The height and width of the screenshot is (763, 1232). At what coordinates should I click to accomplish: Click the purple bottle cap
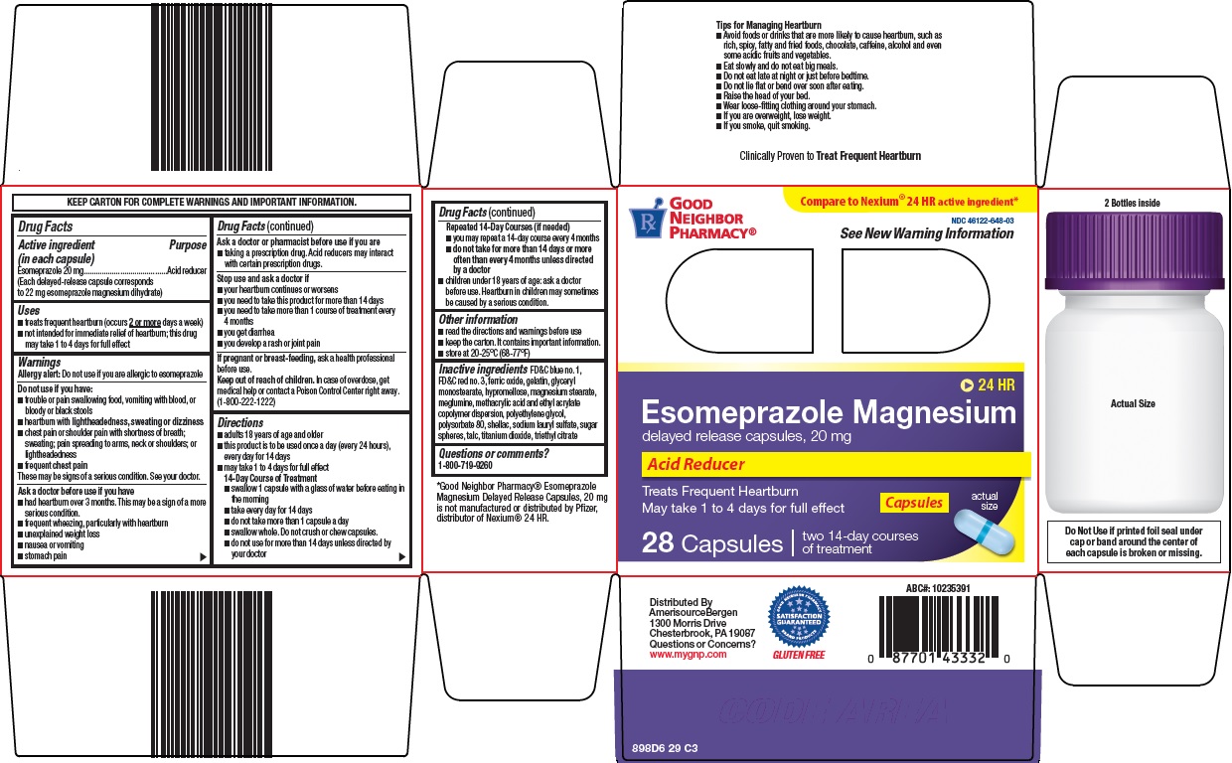[1133, 251]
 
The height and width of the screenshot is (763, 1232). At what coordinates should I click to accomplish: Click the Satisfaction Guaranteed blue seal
[799, 617]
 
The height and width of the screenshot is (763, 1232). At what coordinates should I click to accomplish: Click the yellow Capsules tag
[913, 503]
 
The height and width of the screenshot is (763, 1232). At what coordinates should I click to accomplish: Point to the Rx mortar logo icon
[646, 222]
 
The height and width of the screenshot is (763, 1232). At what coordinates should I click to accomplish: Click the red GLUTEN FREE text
[798, 656]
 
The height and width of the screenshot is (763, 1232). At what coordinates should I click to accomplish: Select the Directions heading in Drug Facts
[240, 422]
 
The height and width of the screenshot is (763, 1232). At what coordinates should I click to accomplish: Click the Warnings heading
[40, 363]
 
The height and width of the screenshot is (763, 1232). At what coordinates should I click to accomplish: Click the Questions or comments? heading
[493, 453]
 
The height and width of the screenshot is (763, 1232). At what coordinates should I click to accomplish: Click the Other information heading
[478, 319]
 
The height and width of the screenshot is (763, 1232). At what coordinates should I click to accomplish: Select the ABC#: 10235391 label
[938, 589]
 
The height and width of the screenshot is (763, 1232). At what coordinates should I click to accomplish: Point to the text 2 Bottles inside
[1132, 203]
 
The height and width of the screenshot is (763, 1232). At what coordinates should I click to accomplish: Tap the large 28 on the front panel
[659, 543]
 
